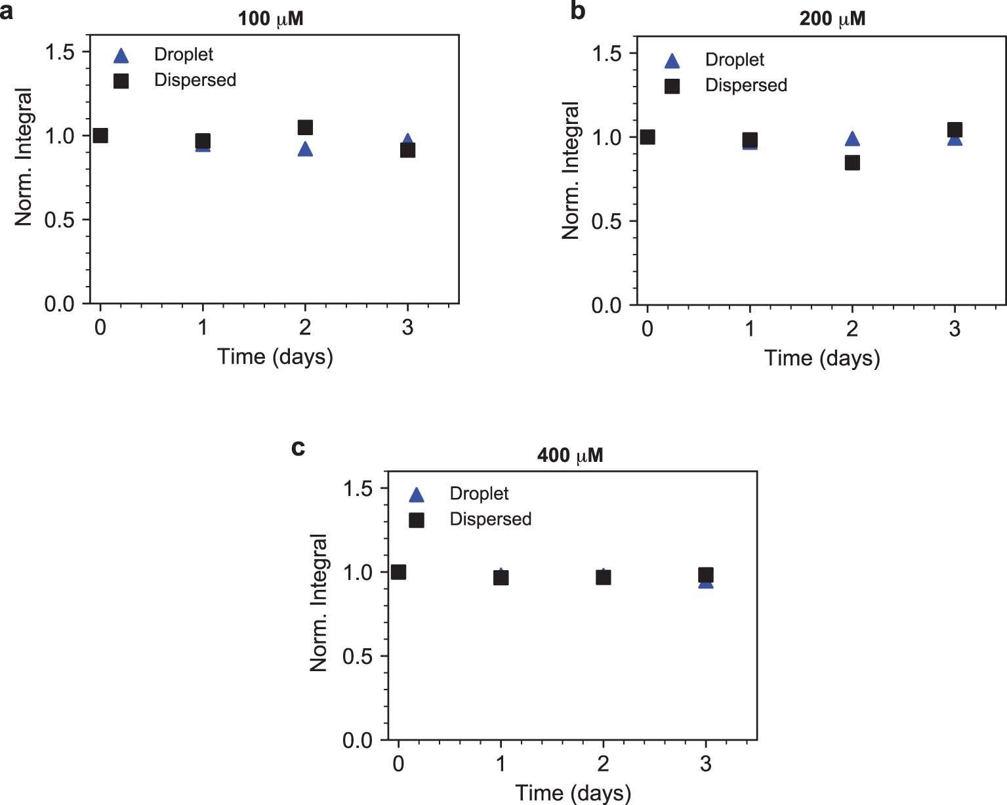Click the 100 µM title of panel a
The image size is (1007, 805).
pos(270,18)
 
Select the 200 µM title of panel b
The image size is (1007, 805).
pos(832,18)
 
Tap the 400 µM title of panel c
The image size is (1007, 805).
pos(569,455)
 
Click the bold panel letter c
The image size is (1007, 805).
pos(298,447)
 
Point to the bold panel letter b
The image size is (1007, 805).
pos(577,10)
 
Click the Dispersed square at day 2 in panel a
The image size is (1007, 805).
pos(305,127)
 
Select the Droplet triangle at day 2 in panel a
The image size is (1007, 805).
pos(305,150)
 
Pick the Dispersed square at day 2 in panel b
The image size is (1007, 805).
pos(852,163)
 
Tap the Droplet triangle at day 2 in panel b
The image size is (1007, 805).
pos(852,138)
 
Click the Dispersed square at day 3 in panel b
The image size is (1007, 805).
pos(955,130)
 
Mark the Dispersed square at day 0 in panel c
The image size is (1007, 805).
pos(398,572)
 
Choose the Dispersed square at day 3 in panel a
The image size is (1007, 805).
pos(407,150)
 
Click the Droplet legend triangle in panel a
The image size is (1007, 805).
pos(121,56)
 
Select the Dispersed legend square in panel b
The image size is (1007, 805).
pos(672,86)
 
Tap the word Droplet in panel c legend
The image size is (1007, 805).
pos(479,493)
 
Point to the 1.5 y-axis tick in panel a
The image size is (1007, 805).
pos(59,52)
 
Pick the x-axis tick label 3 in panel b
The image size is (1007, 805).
pos(955,328)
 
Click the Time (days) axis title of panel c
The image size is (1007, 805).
pos(573,793)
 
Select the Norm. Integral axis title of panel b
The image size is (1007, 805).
pos(571,171)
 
